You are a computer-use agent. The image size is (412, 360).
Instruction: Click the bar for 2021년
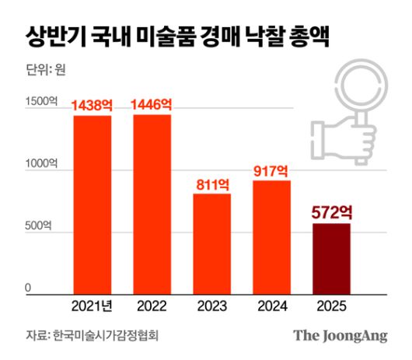[92, 202]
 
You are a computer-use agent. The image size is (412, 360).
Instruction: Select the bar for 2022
[152, 202]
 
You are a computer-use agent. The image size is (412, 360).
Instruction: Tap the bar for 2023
[211, 241]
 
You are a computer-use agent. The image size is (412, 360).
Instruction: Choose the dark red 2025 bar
[331, 256]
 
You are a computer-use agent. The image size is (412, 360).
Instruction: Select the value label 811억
[211, 184]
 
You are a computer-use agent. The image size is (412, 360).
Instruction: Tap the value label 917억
[271, 171]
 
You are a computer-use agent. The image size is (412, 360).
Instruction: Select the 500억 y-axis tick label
[39, 226]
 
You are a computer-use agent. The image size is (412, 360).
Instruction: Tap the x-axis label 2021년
[92, 303]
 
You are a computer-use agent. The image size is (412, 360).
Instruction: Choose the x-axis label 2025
[331, 303]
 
